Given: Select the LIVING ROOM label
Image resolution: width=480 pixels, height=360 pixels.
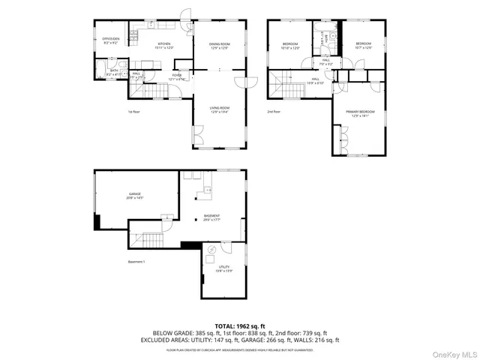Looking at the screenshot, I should (x=220, y=109).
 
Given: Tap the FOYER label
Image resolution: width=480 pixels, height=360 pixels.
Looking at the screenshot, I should (x=177, y=76).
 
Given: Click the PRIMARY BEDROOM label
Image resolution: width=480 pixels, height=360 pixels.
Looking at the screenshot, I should (x=358, y=112).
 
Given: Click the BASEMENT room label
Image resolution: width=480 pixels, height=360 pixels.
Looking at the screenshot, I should (x=211, y=217).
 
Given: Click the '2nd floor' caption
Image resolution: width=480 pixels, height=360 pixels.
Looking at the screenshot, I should (x=274, y=112).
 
